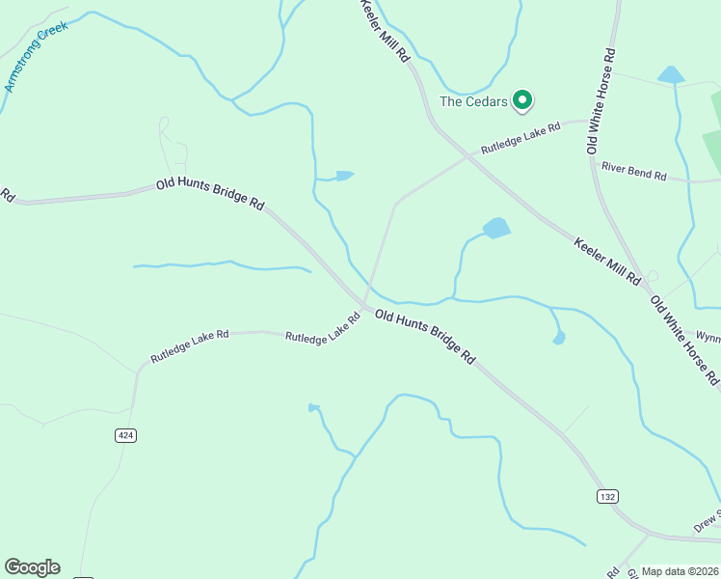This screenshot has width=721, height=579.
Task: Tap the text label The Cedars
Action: pyautogui.click(x=473, y=100)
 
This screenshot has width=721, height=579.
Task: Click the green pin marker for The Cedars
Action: pyautogui.click(x=522, y=98)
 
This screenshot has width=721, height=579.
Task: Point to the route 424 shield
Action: pyautogui.click(x=125, y=435)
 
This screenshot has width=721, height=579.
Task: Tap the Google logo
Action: pyautogui.click(x=32, y=567)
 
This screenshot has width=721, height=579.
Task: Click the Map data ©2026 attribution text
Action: pyautogui.click(x=681, y=571)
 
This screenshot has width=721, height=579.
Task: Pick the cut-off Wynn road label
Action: pyautogui.click(x=708, y=338)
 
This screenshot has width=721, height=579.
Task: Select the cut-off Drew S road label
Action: pyautogui.click(x=707, y=520)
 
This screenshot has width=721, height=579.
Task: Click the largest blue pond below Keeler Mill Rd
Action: pyautogui.click(x=495, y=229)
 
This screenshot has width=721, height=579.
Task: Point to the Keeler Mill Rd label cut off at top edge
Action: pyautogui.click(x=385, y=31)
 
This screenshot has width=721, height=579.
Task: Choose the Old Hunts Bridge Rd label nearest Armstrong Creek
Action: pyautogui.click(x=210, y=193)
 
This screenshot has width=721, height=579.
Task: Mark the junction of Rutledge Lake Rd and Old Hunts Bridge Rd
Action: pyautogui.click(x=365, y=306)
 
